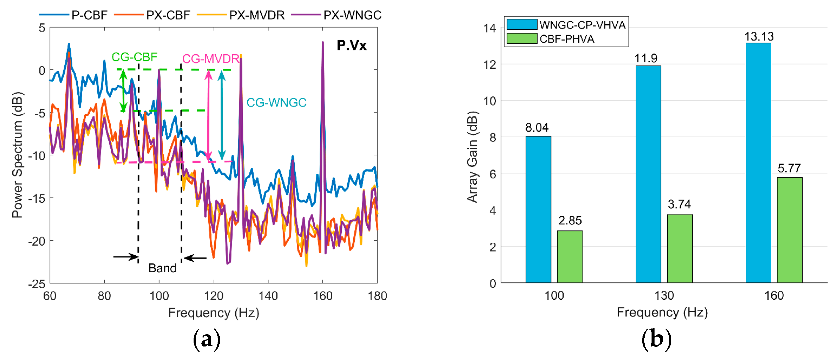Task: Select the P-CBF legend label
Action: pos(89,15)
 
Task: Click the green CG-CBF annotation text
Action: pos(134,57)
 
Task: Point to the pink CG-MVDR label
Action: pos(211,59)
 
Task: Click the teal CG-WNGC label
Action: pos(276,103)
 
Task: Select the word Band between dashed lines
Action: pos(162,268)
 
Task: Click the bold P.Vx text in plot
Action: pos(351,46)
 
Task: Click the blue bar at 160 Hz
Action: pos(758,163)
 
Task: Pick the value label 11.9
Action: pos(646,58)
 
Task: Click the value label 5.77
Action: pos(789,168)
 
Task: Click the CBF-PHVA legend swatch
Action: pos(522,39)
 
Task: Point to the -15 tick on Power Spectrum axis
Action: pos(36,198)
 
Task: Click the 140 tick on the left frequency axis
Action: pos(268,296)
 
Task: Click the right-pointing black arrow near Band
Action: pos(126,257)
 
